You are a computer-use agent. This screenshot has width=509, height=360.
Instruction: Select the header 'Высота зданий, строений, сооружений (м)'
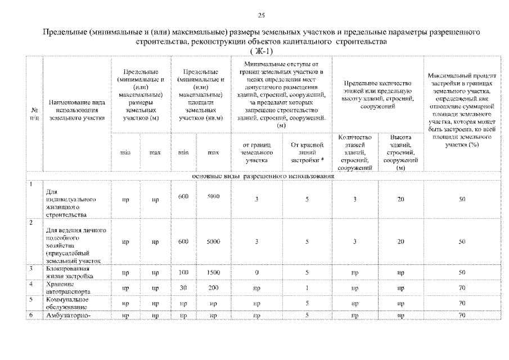click(x=400, y=152)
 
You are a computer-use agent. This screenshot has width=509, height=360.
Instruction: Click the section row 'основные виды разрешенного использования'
click(x=263, y=175)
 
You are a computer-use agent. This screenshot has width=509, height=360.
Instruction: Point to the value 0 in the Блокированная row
click(x=256, y=272)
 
